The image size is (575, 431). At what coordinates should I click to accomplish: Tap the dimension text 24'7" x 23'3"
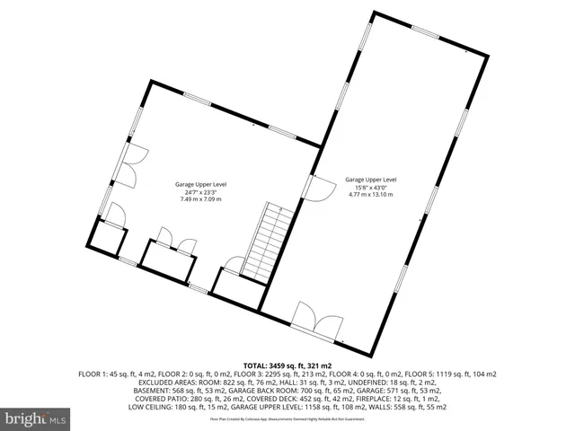point(200,191)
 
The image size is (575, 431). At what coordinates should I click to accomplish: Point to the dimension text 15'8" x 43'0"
point(371,186)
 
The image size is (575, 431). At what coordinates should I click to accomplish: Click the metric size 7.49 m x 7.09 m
point(200,198)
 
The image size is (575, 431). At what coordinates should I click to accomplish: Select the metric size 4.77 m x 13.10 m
point(371,193)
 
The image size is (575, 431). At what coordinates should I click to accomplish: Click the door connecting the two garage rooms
point(317,188)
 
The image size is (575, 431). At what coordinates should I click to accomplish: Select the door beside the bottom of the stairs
point(234,266)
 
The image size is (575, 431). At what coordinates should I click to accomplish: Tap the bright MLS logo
point(36,418)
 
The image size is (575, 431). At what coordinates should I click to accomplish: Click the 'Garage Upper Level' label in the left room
point(200,184)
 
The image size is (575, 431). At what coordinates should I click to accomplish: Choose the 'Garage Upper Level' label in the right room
point(371,179)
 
